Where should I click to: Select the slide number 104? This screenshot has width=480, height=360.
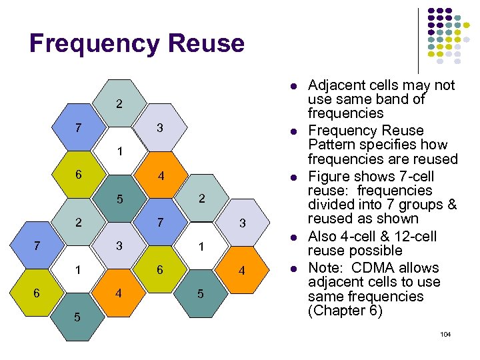click(x=445, y=333)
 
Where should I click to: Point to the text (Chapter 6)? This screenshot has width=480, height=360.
click(x=345, y=311)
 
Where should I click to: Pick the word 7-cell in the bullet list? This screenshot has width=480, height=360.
click(x=416, y=176)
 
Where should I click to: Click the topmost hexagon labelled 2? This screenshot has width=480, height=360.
click(x=119, y=105)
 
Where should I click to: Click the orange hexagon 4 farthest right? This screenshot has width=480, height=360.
click(x=242, y=271)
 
